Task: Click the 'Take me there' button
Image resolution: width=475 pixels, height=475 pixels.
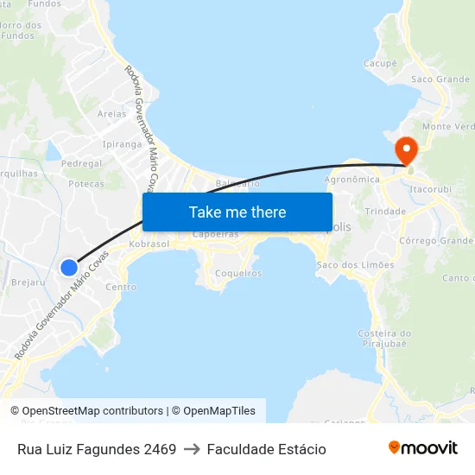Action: [x=237, y=212]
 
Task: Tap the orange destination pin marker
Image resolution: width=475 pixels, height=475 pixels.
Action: [x=406, y=149]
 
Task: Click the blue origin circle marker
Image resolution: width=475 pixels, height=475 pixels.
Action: [x=69, y=268]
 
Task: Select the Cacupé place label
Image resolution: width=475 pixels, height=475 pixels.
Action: [x=380, y=63]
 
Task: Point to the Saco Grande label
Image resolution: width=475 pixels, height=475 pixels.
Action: [x=440, y=79]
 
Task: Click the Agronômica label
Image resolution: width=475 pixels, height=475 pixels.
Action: [x=351, y=180]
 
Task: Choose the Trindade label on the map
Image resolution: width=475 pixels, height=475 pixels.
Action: [x=385, y=211]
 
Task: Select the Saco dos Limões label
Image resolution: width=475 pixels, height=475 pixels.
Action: [x=355, y=264]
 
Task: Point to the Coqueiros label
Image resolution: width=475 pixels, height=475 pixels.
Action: [x=237, y=273]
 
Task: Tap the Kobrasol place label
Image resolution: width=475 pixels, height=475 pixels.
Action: [x=149, y=244]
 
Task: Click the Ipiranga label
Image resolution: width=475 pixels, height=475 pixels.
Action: [x=122, y=144]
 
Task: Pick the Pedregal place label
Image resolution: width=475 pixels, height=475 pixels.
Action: [x=82, y=163]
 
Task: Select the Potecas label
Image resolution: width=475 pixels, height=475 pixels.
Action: [x=86, y=184]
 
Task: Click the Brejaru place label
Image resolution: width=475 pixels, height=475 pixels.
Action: [x=28, y=282]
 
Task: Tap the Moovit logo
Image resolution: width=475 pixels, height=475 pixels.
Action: [x=423, y=448]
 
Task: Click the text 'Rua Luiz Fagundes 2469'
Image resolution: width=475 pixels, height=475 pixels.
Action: [x=97, y=449]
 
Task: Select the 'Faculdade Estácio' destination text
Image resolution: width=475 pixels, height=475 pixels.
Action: [x=267, y=449]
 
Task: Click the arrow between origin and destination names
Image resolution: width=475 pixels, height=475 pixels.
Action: [x=192, y=449]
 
